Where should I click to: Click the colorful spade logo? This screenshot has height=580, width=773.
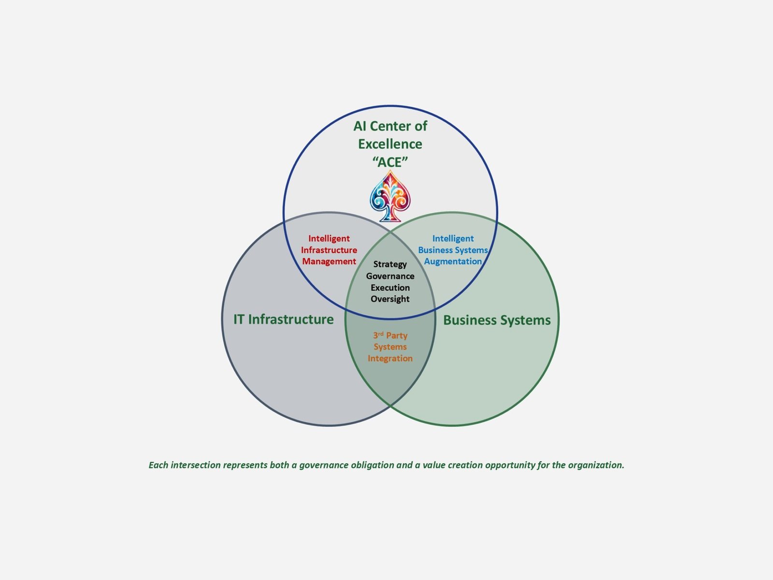[x=390, y=196]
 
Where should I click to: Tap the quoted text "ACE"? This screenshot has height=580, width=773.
[x=390, y=162]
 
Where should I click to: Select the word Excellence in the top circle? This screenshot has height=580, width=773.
[x=390, y=144]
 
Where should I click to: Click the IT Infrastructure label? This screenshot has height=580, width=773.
[x=284, y=319]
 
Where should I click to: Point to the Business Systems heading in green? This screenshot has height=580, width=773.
[x=497, y=320]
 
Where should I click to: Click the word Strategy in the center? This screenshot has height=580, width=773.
[x=390, y=264]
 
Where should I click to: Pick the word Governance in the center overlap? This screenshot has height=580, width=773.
[x=390, y=275]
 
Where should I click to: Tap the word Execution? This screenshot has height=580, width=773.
[x=390, y=288]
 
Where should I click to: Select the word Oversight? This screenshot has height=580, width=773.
[x=390, y=299]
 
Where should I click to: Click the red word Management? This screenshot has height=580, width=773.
[x=329, y=261]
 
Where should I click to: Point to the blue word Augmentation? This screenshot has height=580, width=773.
[x=453, y=261]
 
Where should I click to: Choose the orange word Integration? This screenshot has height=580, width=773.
[x=390, y=358]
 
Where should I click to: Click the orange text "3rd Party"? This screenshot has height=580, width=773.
[x=390, y=335]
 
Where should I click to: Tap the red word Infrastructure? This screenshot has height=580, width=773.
[x=329, y=250]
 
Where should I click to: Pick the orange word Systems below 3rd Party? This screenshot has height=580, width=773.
[x=390, y=347]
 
